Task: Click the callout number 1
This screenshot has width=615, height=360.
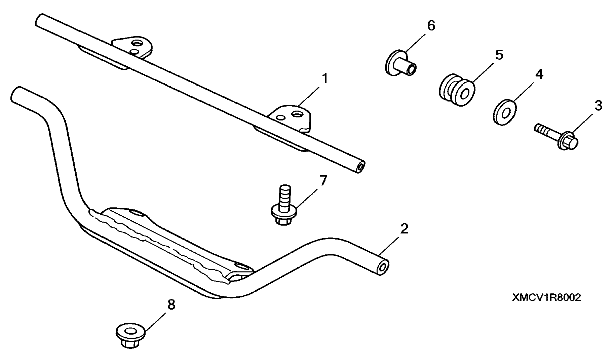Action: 325,79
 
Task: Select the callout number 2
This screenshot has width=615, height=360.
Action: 404,229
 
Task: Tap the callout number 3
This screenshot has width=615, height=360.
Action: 598,106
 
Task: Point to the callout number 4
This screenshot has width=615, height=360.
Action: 539,74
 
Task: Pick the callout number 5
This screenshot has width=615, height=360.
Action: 499,55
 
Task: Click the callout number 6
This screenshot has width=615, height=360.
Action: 431,25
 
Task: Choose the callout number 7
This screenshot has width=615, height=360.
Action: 323,181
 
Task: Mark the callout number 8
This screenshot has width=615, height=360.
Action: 171,305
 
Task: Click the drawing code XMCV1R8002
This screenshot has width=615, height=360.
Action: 547,297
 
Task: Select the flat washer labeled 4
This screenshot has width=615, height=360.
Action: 504,112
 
